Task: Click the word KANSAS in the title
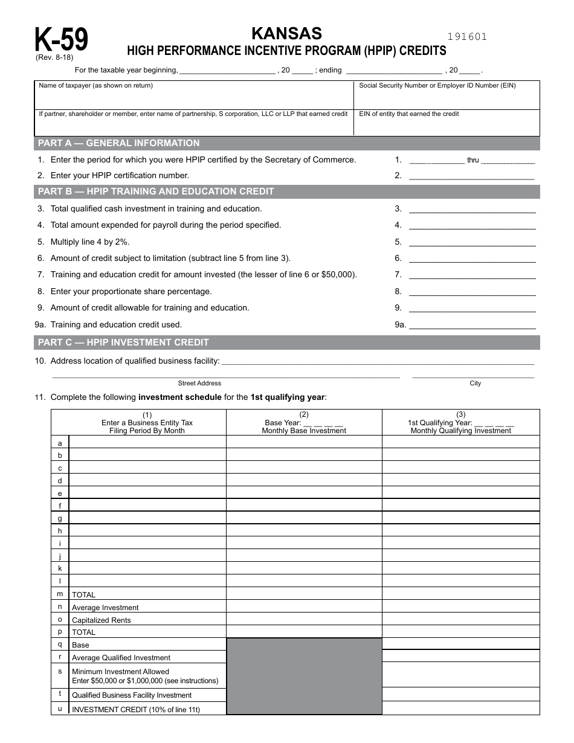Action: (x=286, y=33)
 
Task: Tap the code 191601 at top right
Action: (x=467, y=37)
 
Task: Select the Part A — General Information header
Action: (x=119, y=143)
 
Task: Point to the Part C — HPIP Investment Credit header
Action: (x=123, y=343)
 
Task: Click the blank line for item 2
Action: (x=471, y=176)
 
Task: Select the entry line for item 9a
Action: (x=472, y=324)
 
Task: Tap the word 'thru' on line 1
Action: (x=472, y=160)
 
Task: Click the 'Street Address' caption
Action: (x=199, y=383)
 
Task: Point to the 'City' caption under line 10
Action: (x=475, y=383)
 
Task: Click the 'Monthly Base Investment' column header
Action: (x=304, y=431)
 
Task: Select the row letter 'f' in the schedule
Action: (x=60, y=506)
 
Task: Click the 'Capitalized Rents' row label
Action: (x=101, y=620)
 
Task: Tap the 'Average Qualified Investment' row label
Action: (x=121, y=658)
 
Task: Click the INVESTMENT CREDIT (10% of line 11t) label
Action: (x=135, y=710)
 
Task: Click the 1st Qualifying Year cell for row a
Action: (x=460, y=442)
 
